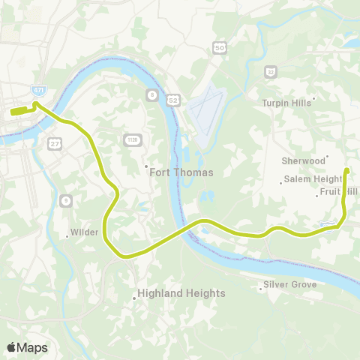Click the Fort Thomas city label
[181, 172]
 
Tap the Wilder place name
[84, 232]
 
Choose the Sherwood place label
[303, 160]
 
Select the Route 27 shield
[55, 142]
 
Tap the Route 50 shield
[219, 48]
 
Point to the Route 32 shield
[270, 71]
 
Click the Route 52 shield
[173, 100]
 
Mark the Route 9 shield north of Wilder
[66, 200]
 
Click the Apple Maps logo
[27, 347]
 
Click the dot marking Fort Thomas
[146, 166]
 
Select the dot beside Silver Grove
[259, 286]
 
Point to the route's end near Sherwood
[346, 171]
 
